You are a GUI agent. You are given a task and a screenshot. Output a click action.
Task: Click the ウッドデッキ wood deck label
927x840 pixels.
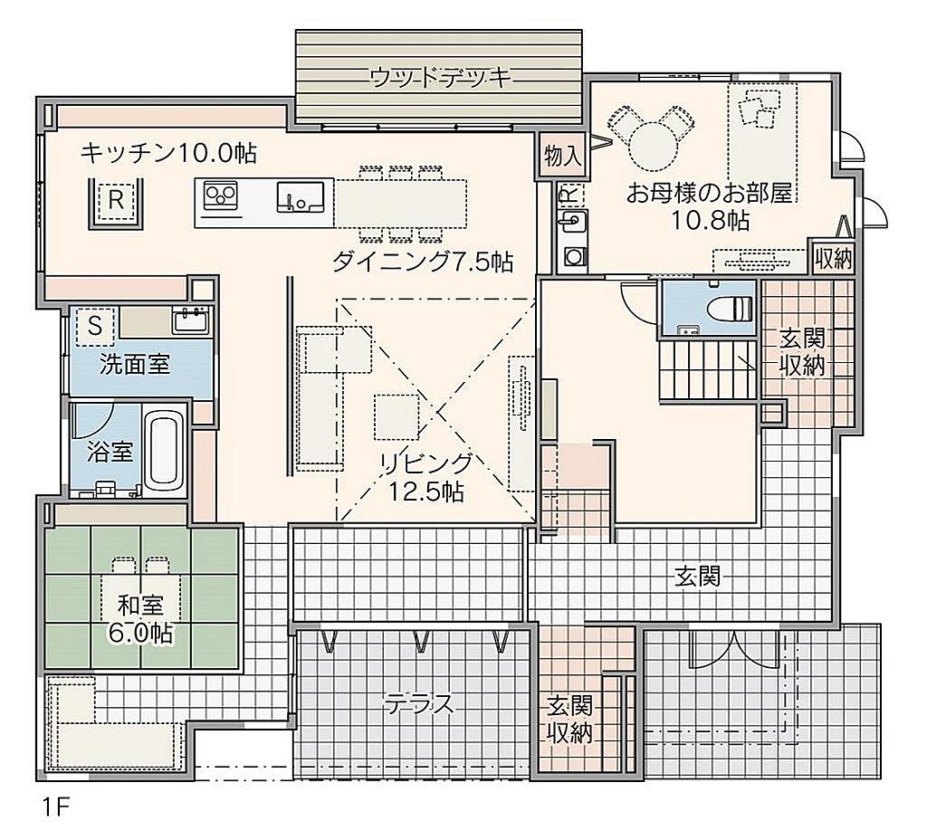coord(441,78)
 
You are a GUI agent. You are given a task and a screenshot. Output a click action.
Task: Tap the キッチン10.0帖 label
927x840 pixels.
coord(168,152)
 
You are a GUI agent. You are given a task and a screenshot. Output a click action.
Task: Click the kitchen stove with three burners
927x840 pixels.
coord(221,196)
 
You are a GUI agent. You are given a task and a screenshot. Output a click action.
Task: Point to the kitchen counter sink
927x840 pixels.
coord(301,196)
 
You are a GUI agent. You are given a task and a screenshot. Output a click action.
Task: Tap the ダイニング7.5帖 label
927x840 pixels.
coord(423,261)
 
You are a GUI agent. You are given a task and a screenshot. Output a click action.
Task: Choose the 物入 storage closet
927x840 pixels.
coord(563,156)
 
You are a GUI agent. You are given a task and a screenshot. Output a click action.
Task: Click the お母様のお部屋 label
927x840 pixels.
coord(710,193)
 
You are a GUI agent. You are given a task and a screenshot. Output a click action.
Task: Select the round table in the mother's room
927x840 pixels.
coord(653,145)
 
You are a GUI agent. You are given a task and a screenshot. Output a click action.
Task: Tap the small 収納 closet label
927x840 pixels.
coord(833,258)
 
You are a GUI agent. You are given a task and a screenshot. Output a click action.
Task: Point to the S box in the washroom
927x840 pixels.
coord(95,326)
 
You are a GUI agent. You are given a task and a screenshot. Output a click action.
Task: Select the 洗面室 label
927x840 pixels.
coord(135,364)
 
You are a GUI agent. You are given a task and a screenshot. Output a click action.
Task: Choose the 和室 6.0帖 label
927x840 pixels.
coord(140,619)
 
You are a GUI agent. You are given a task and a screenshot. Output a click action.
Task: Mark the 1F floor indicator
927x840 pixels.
coord(56,807)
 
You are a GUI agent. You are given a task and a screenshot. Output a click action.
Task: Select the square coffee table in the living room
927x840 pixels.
coord(397,416)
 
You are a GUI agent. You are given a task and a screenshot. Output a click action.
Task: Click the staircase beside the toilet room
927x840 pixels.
coord(708,370)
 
